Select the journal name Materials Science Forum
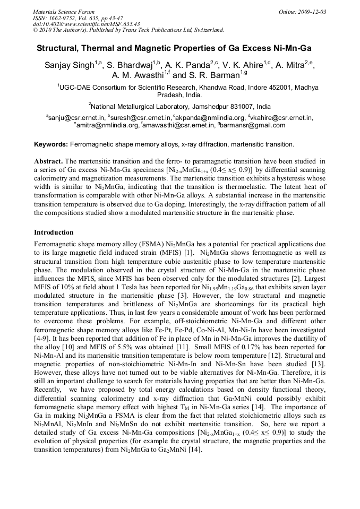click(x=64, y=12)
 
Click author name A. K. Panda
click(x=189, y=65)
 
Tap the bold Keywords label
click(x=50, y=144)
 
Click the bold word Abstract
click(x=49, y=161)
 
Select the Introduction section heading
click(x=54, y=232)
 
